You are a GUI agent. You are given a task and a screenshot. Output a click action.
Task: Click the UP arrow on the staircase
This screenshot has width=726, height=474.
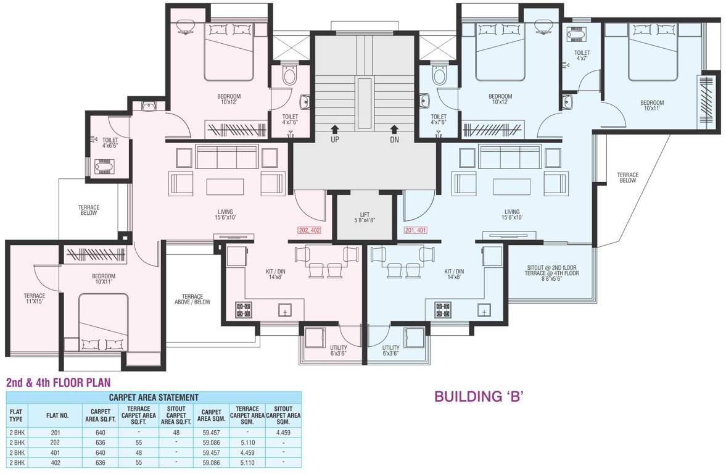[335, 129]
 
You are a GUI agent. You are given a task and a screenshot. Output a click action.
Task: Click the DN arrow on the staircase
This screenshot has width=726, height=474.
[395, 129]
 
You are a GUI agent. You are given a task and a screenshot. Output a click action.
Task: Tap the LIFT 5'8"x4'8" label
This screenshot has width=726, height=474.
[365, 218]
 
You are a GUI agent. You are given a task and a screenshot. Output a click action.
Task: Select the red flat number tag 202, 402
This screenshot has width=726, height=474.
[309, 230]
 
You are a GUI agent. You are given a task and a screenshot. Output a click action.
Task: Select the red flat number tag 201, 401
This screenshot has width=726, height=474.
[416, 230]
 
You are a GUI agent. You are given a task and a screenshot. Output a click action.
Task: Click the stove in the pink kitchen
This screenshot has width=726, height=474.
[244, 310]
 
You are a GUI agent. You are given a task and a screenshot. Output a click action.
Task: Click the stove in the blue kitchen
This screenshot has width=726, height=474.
[443, 310]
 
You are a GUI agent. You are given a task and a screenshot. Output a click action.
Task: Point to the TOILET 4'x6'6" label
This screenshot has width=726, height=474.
[110, 143]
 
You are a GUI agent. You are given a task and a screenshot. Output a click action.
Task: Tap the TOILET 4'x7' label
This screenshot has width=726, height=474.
[582, 56]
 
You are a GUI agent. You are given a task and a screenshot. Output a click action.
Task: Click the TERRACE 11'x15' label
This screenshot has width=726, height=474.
[35, 298]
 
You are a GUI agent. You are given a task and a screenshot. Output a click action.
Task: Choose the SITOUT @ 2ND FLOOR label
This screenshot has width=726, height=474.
[551, 268]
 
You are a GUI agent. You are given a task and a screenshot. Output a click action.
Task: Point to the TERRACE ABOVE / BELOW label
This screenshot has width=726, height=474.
[192, 299]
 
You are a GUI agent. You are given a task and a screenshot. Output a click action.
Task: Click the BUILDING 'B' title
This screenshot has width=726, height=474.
[479, 397]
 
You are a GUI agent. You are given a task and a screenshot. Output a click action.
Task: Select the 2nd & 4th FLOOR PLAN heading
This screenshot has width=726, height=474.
[59, 383]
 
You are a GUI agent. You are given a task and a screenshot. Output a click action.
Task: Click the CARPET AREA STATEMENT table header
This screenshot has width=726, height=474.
[154, 397]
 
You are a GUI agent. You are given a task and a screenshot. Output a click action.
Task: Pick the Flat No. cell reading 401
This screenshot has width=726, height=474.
[55, 452]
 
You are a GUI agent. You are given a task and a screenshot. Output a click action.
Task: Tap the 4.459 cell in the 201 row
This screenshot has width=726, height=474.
[283, 433]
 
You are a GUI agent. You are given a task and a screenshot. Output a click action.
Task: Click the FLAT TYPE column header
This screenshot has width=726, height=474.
[16, 415]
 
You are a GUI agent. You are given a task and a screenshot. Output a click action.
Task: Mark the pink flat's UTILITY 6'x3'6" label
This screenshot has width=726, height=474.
[339, 351]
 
